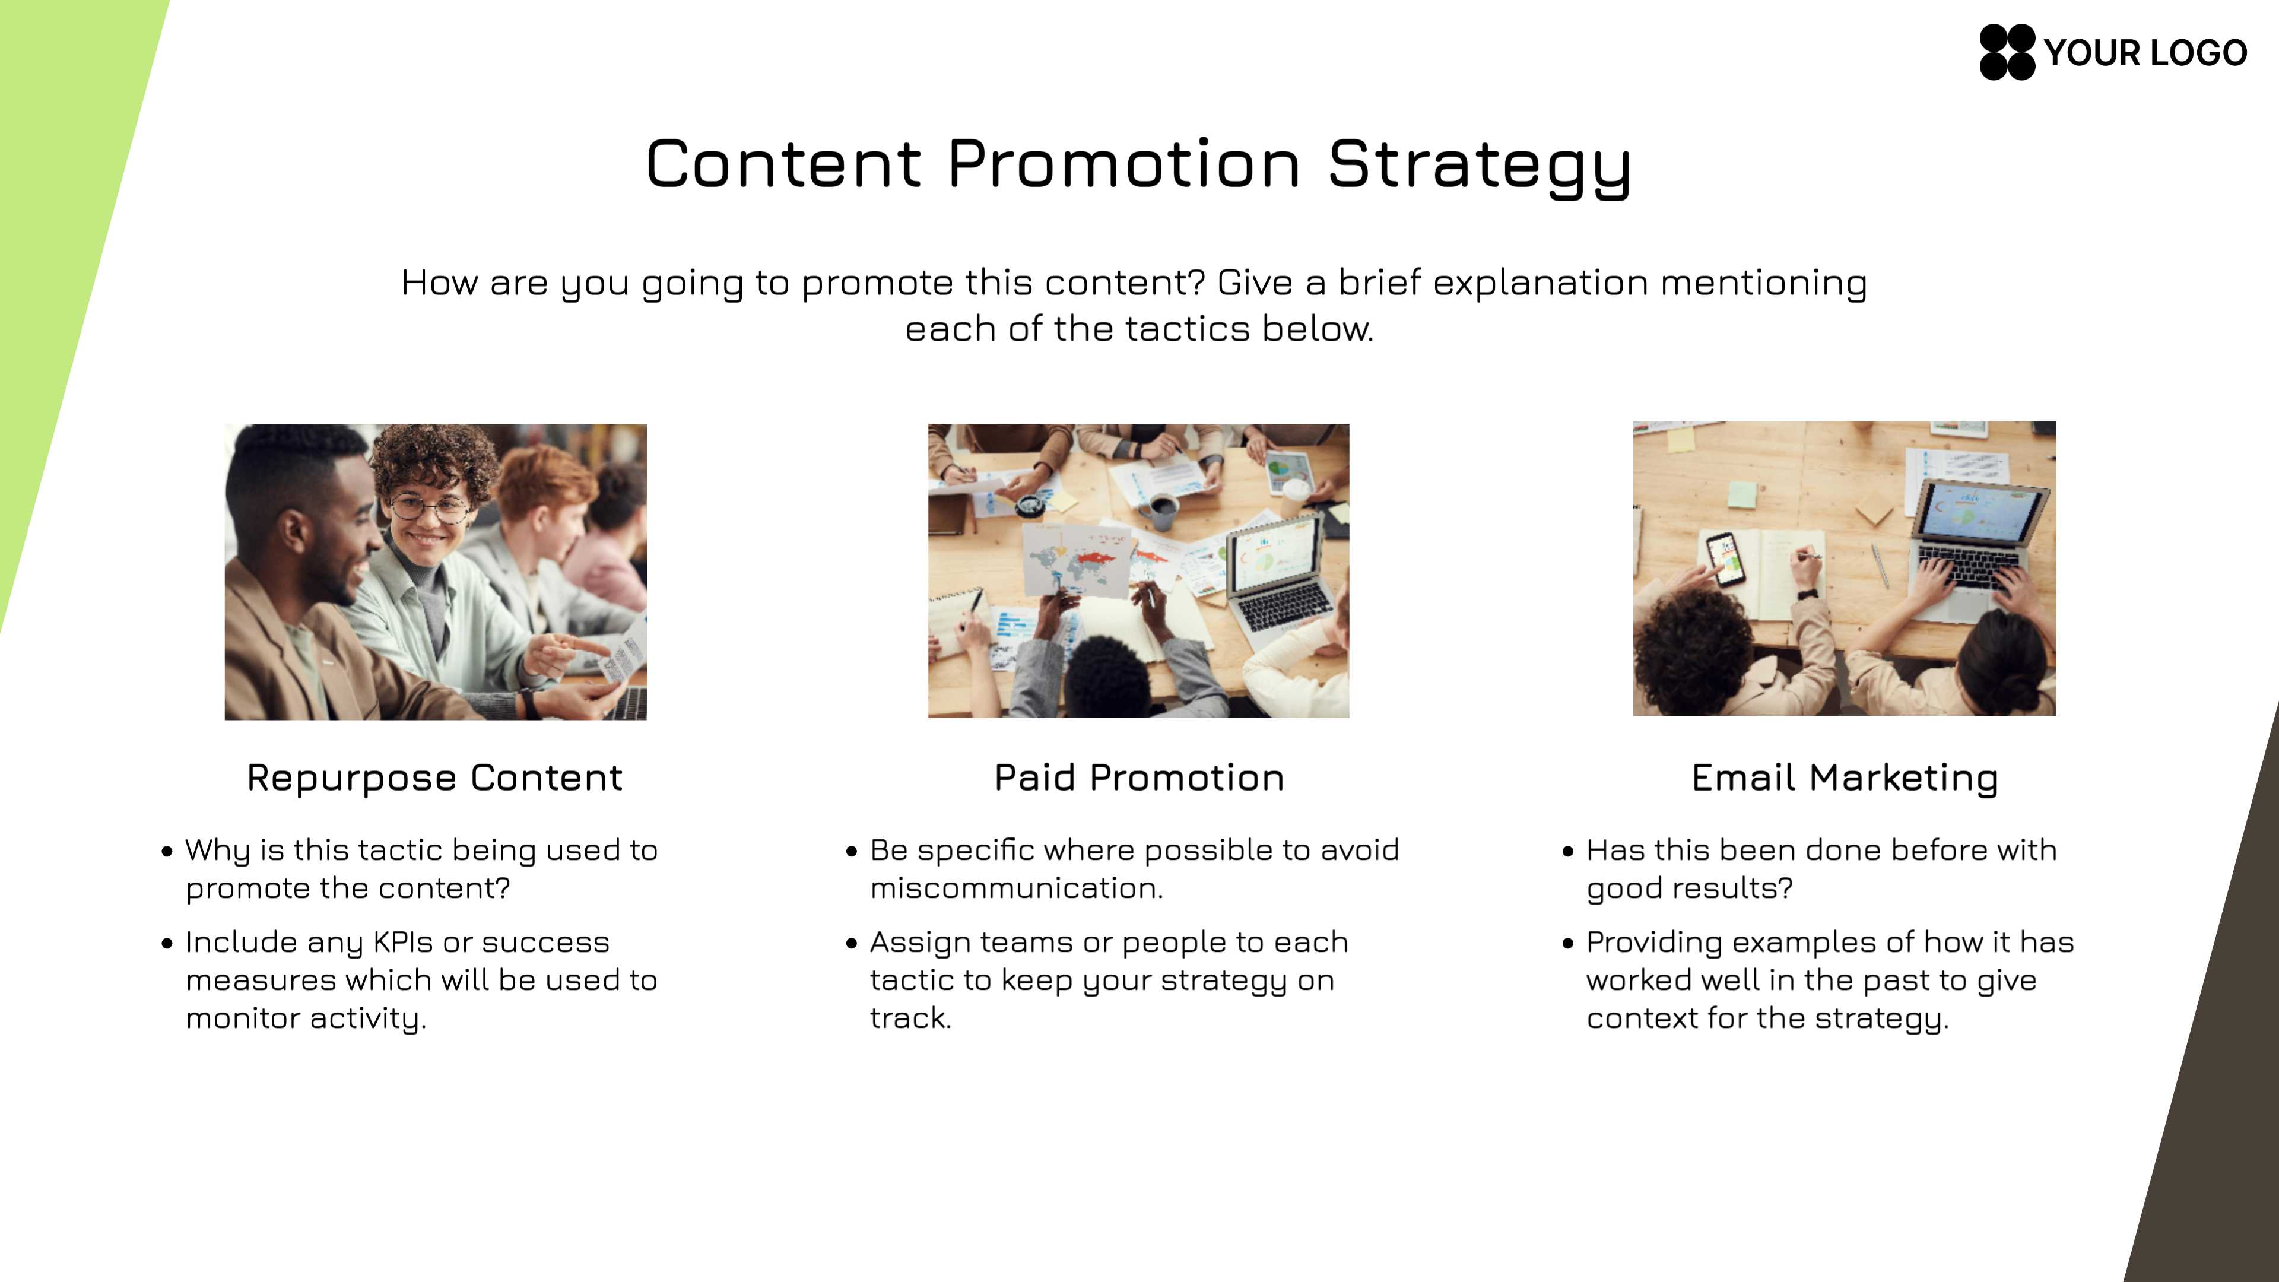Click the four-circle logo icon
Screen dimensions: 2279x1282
(2007, 52)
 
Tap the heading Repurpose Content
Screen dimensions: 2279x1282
(434, 778)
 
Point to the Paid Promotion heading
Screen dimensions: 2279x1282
(1139, 778)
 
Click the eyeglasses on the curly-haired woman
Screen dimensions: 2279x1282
(431, 508)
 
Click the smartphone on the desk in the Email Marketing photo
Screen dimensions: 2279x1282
(1725, 559)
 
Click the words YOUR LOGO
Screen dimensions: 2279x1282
(2145, 53)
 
